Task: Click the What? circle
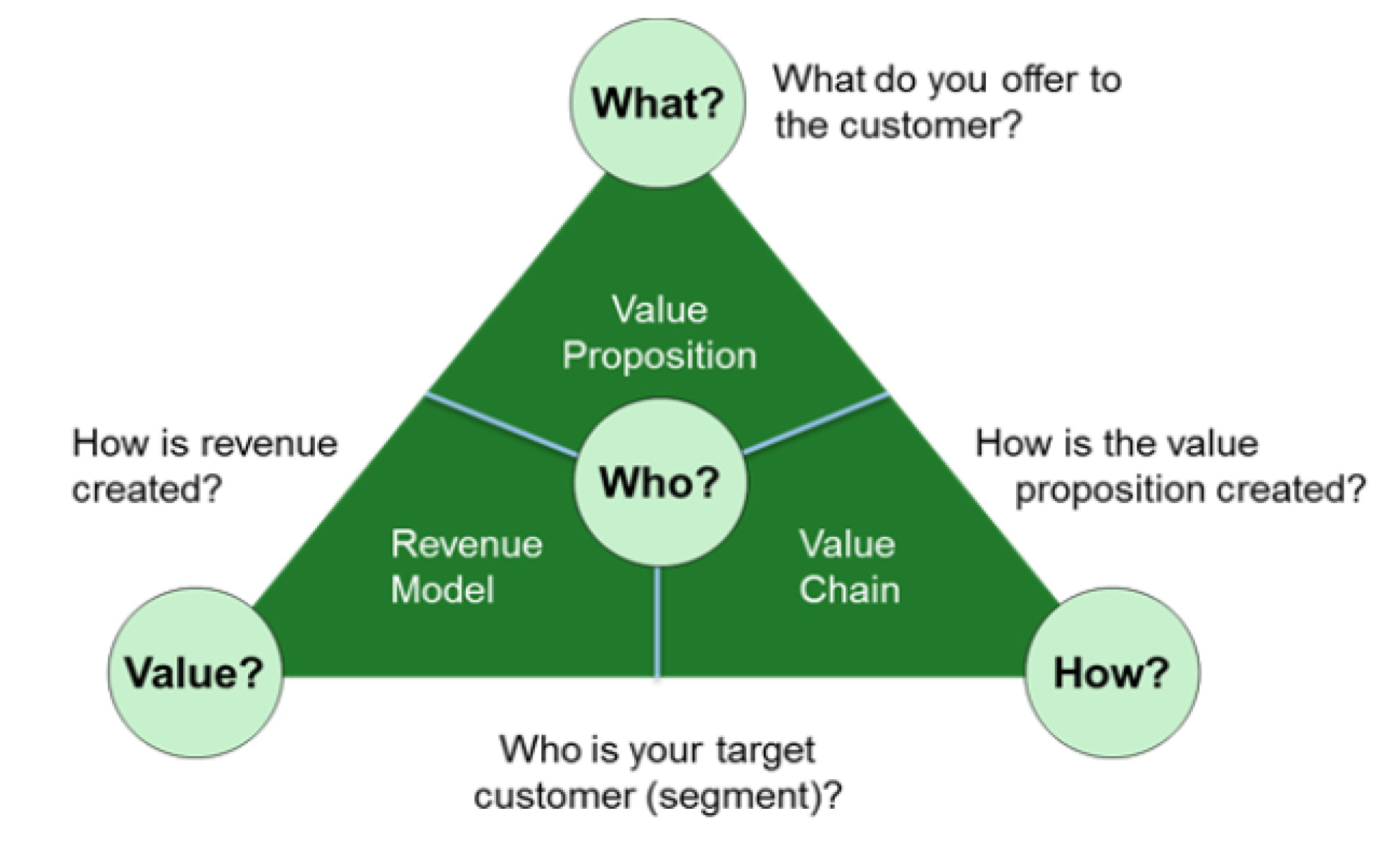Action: pos(657,103)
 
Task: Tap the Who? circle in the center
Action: pos(660,482)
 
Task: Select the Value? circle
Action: pos(195,672)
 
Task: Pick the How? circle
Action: pos(1111,672)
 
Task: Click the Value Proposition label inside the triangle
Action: pos(660,333)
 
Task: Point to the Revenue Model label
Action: pos(466,566)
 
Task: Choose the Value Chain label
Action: pos(849,566)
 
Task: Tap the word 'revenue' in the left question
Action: pos(268,444)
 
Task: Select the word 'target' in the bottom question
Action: pos(765,751)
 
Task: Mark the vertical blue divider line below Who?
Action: pos(657,621)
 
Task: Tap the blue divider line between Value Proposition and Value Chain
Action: pos(815,424)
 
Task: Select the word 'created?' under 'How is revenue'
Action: pos(147,489)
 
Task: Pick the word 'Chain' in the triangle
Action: pos(849,590)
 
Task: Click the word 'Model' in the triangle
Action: pos(443,590)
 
